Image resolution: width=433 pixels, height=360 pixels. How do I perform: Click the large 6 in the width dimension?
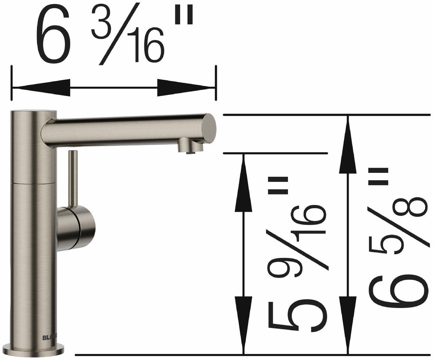click(x=55, y=37)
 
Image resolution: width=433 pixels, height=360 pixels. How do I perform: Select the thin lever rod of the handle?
click(x=74, y=178)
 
